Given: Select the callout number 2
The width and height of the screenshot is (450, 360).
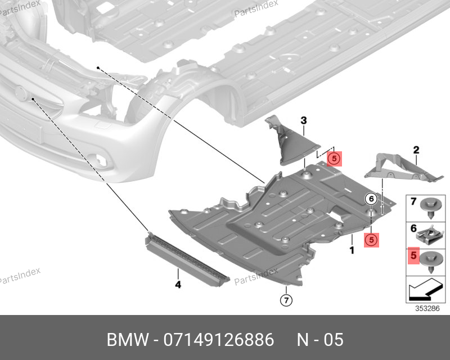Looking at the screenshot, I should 416,150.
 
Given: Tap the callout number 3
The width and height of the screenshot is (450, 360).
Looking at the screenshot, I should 303,120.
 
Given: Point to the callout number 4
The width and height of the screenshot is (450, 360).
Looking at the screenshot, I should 178,285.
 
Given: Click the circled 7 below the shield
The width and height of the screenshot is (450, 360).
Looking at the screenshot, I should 285,300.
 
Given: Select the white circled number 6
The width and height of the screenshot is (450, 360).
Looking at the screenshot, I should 371,198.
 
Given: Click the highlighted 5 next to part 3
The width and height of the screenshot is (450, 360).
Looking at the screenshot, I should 334,159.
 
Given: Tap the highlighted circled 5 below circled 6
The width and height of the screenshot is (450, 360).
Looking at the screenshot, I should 371,240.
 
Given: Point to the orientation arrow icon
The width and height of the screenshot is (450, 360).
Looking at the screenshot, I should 426,292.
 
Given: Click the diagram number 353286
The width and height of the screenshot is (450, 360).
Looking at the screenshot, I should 427,308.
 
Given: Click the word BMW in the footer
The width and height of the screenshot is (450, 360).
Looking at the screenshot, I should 125,340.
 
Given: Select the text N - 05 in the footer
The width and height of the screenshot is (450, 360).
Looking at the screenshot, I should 319,340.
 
